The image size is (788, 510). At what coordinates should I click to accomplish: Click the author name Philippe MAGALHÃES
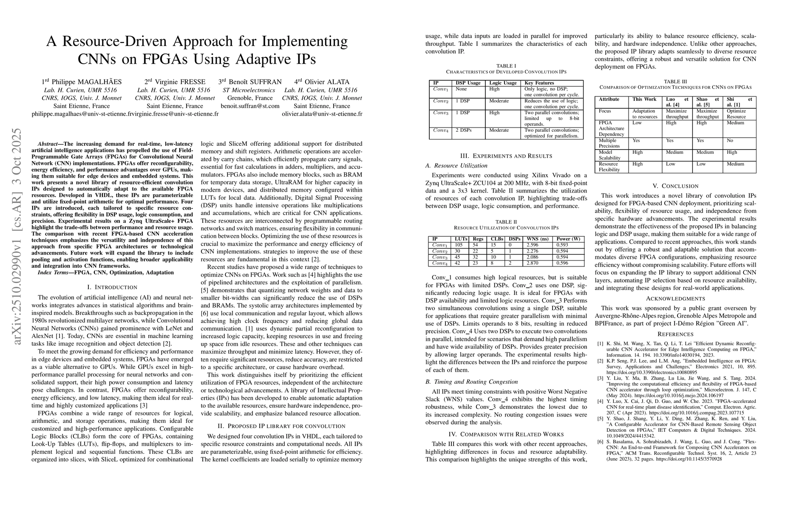coord(85,82)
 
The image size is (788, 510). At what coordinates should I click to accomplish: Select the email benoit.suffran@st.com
coord(250,106)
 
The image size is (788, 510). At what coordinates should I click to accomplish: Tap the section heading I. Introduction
coord(112,287)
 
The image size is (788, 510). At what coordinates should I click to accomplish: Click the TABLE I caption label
coord(506,66)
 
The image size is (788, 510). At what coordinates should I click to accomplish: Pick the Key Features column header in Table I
coord(539,83)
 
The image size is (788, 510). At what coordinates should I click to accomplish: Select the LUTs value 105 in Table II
coord(458,245)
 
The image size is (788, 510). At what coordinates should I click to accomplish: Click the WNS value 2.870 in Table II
coord(533,263)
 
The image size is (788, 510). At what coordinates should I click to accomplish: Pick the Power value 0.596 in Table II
coord(562,263)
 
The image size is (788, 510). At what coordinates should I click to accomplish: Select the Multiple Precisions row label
coord(608,143)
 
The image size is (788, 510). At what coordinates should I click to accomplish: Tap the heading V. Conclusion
coord(675,186)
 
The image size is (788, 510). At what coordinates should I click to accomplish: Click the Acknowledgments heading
coord(675,298)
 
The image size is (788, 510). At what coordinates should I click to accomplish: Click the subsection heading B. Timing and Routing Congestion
coord(472,382)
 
